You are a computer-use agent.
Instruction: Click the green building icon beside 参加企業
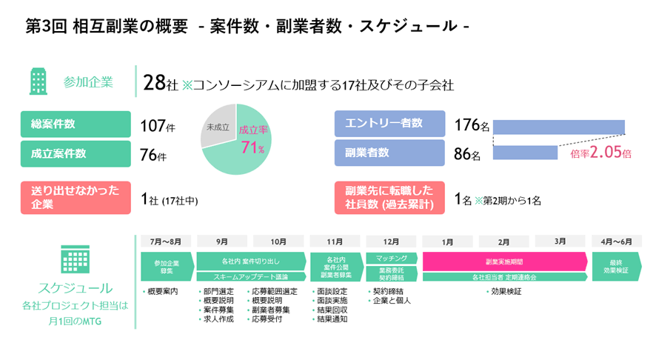[x=38, y=81]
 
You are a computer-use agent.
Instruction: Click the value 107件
[x=157, y=127]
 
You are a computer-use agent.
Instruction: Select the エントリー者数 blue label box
[x=389, y=124]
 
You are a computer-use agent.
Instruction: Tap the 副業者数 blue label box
[x=389, y=153]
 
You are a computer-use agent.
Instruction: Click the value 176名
[x=472, y=126]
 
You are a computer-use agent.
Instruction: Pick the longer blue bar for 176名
[x=559, y=127]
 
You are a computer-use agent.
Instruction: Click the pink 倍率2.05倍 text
[x=601, y=153]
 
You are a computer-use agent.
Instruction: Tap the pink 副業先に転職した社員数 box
[x=389, y=198]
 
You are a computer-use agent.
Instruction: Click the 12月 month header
[x=392, y=241]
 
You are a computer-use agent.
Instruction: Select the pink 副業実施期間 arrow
[x=505, y=261]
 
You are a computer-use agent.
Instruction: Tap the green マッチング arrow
[x=392, y=258]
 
